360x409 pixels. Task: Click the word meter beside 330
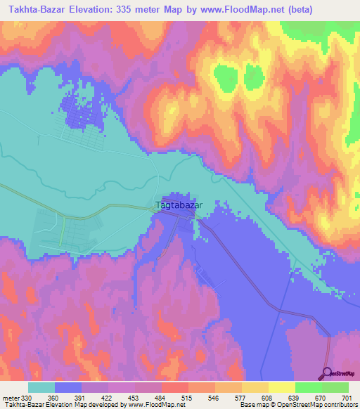[x=12, y=398]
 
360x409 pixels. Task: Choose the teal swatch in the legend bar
[x=41, y=387]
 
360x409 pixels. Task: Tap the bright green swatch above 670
[x=307, y=387]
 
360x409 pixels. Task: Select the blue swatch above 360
[x=67, y=387]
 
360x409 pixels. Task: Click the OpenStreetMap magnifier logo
[x=328, y=372]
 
